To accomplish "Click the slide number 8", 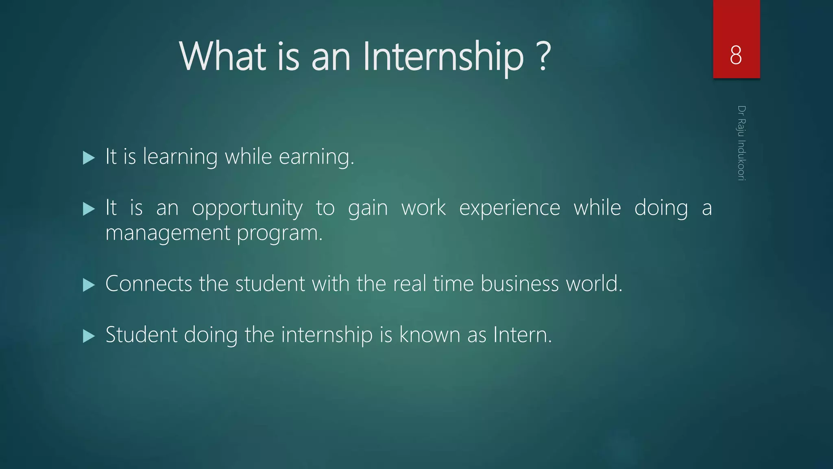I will coord(736,55).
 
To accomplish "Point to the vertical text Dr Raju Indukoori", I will coord(741,143).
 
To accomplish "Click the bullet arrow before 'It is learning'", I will coord(88,158).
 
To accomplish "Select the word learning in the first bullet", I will coord(180,157).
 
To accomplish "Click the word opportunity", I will coord(247,208).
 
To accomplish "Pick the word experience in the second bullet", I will coord(509,208).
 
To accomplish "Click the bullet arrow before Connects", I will coord(88,285).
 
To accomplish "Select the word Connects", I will coord(148,284).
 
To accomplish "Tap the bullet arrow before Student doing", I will coord(88,336).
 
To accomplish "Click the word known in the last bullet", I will coord(429,335).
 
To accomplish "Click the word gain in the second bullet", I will coord(368,208).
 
